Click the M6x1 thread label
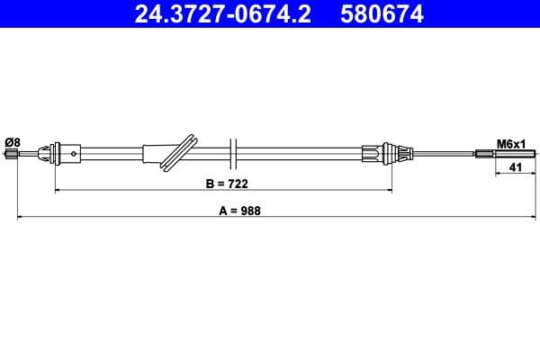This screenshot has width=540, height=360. click(x=511, y=142)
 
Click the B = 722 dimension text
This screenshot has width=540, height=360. click(x=226, y=183)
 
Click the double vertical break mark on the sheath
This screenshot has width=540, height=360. click(x=232, y=152)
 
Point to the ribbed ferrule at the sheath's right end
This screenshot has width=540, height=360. click(x=375, y=154)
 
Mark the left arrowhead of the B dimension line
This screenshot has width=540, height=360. click(x=58, y=191)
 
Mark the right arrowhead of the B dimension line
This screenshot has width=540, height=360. click(x=391, y=191)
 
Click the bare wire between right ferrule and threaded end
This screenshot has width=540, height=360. click(x=441, y=155)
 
